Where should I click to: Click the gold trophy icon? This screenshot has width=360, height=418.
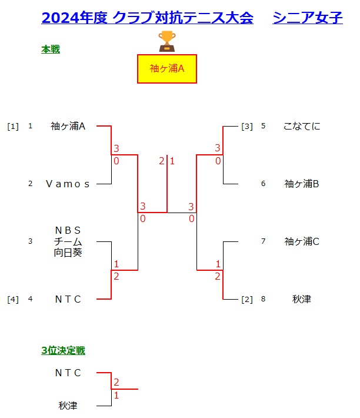pos(167,41)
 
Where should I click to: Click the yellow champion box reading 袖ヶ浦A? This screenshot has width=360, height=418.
pos(166,69)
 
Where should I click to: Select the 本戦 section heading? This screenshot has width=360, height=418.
pos(51,50)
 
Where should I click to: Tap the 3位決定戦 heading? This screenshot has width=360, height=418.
pos(63,351)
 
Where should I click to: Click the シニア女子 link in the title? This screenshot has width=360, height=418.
pos(308,18)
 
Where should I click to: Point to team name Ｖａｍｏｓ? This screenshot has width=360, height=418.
pos(68,184)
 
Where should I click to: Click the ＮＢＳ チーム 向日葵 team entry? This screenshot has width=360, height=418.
pos(68,241)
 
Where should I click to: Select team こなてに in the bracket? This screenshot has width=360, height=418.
pos(301,126)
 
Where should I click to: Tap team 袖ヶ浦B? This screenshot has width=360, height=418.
pos(301,184)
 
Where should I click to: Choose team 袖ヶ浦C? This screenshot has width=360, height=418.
pos(301,241)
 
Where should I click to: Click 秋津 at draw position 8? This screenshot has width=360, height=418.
pos(301,299)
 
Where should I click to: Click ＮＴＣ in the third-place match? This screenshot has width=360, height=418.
pos(68,373)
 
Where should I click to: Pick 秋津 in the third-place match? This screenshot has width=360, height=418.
pos(68,406)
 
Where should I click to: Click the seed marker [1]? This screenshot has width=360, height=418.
pos(13,126)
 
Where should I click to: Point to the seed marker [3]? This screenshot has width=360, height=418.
pos(247,126)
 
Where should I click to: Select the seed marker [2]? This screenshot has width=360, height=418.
pos(247,299)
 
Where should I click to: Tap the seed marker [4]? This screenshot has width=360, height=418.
pos(13,299)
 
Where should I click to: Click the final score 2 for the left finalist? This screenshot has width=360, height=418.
pos(161,161)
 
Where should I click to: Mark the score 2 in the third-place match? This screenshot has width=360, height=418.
pos(116,383)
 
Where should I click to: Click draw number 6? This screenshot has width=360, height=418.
pos(264,184)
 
